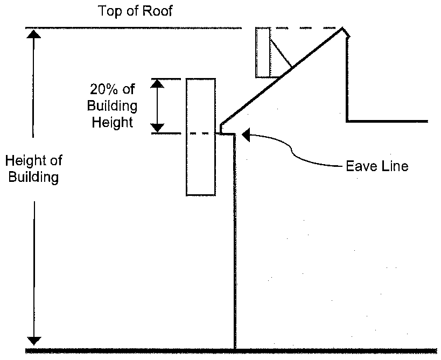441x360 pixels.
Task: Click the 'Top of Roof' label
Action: (x=135, y=11)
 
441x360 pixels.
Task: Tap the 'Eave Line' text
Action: (x=377, y=166)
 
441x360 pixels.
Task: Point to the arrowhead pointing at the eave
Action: (x=246, y=135)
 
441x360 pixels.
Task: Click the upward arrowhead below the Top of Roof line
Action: (x=33, y=34)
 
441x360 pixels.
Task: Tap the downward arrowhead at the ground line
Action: (x=34, y=341)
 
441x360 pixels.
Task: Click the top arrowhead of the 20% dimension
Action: (x=157, y=84)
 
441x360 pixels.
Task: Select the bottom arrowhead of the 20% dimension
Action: (x=157, y=128)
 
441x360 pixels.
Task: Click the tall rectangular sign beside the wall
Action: (x=201, y=137)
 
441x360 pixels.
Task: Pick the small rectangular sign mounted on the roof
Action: (x=263, y=53)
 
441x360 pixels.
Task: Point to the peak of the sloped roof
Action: (x=342, y=28)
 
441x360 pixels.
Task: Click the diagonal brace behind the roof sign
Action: (x=281, y=53)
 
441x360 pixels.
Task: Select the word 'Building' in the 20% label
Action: (x=112, y=106)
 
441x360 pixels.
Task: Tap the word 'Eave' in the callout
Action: (x=361, y=166)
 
